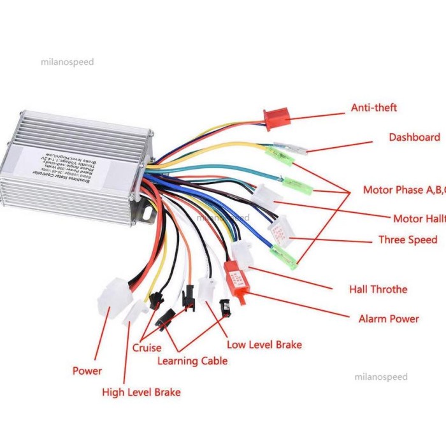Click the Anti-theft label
[x=373, y=108]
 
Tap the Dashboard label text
[x=414, y=137]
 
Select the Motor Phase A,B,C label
[x=402, y=190]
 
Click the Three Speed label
[x=408, y=240]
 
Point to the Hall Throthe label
[x=378, y=289]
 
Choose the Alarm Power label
[x=389, y=319]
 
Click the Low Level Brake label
[x=264, y=345]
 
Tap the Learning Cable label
[x=192, y=361]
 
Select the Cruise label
[x=147, y=348]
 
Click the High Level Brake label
[x=141, y=392]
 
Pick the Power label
[x=87, y=371]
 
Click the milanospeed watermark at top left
[x=67, y=62]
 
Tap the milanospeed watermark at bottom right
[x=380, y=377]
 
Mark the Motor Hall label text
[x=418, y=219]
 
